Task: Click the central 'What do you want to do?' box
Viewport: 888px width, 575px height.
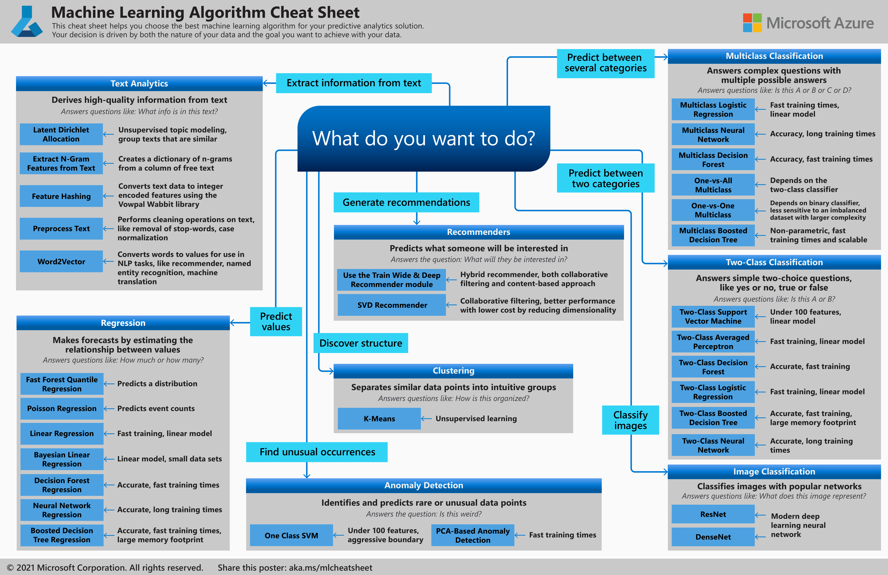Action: [423, 139]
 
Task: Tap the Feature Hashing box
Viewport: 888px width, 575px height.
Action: [61, 196]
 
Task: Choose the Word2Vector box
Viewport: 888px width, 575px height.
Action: [61, 261]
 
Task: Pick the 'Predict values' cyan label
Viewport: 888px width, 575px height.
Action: [276, 321]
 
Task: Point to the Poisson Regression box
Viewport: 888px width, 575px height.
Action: [62, 408]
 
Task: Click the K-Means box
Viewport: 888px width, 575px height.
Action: [379, 419]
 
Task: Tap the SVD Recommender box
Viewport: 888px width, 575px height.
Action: [392, 305]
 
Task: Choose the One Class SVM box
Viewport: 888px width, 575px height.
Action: [291, 535]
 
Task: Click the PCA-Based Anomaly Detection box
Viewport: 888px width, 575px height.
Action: [472, 535]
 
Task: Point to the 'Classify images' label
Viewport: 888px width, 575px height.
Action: [630, 420]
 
